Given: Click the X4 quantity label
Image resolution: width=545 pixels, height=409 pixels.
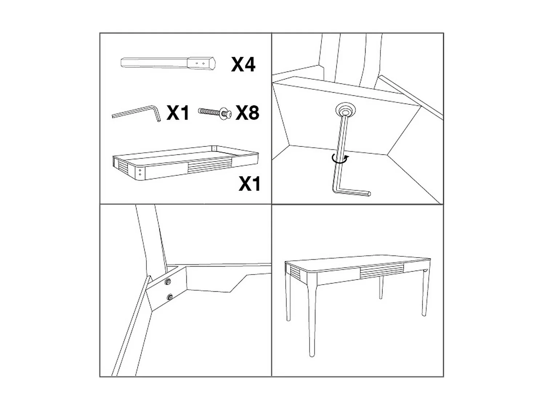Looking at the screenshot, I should (x=243, y=65).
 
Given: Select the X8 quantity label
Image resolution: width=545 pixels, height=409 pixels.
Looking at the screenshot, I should (x=247, y=113).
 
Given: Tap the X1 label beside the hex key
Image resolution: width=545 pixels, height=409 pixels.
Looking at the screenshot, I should (x=178, y=113).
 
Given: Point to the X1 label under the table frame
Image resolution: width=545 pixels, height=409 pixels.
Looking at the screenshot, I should (x=250, y=184).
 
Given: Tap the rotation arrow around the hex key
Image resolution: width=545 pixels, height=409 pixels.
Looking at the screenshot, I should (x=340, y=159).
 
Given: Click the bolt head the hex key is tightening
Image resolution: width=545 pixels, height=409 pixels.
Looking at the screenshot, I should (x=345, y=109).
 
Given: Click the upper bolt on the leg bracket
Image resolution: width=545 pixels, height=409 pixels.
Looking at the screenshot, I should (x=168, y=282).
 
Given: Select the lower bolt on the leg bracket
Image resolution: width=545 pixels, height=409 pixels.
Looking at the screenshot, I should (x=169, y=298).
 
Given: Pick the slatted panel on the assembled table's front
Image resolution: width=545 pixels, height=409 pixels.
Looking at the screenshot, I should (x=381, y=270).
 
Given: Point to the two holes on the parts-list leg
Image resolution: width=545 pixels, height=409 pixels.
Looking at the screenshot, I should (x=200, y=63).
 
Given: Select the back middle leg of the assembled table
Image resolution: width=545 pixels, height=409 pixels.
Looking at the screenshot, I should (x=381, y=287).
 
